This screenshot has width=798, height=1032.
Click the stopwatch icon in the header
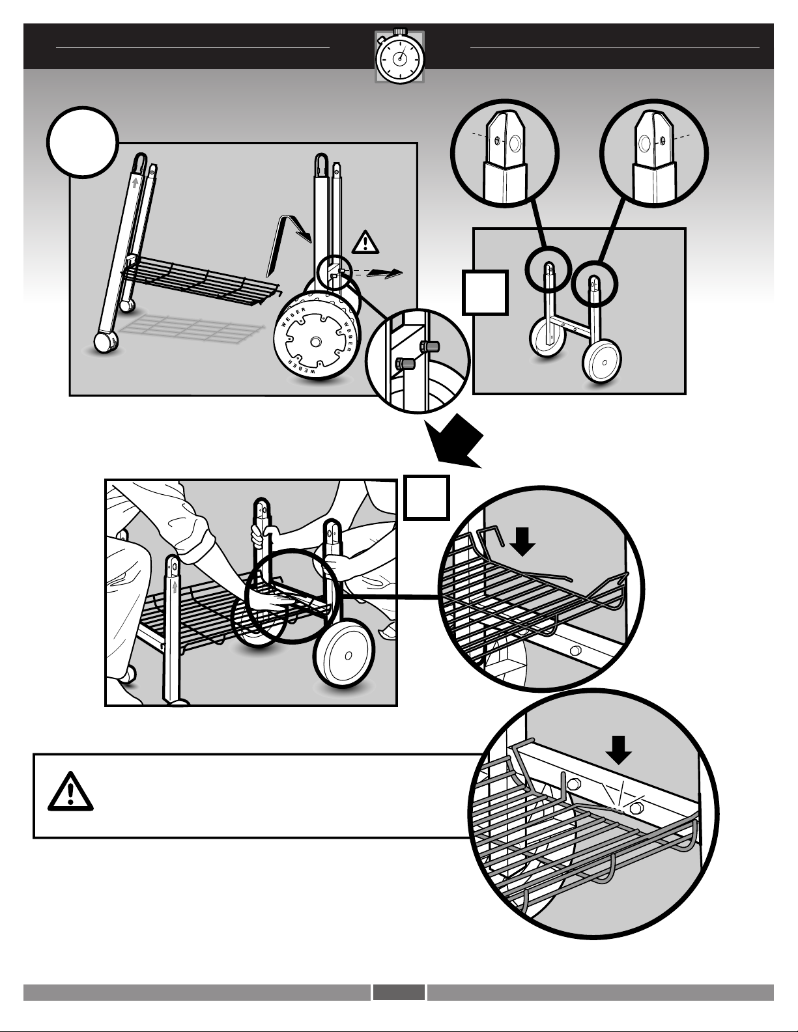399,57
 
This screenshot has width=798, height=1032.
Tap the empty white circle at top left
82,143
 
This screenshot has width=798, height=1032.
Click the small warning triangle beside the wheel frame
365,242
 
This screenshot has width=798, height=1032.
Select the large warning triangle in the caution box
70,791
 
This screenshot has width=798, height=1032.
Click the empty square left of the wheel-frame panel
485,292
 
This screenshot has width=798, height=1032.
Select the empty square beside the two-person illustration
426,497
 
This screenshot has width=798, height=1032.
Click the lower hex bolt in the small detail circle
405,364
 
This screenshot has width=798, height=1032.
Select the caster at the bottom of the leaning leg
106,342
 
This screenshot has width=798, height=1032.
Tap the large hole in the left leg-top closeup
515,143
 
